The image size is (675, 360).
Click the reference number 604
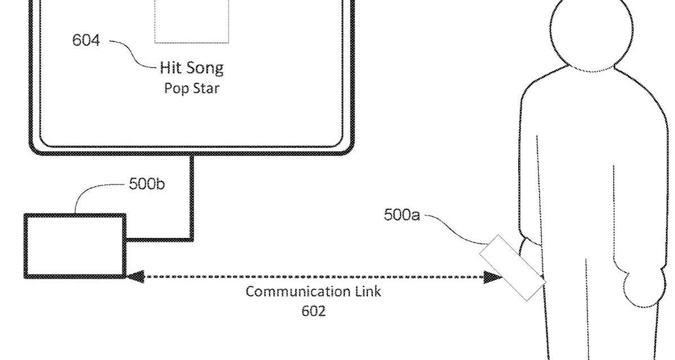coord(86,41)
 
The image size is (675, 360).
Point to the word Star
coord(205,88)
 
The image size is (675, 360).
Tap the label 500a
coord(402,214)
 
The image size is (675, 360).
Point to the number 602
coord(313,311)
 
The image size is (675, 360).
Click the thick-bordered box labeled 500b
coord(75,245)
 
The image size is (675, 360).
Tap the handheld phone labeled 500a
coord(512,267)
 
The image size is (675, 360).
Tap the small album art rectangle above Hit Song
coord(192,20)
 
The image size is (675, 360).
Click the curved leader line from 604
coord(132,53)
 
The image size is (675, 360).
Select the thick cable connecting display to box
coord(191,202)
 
